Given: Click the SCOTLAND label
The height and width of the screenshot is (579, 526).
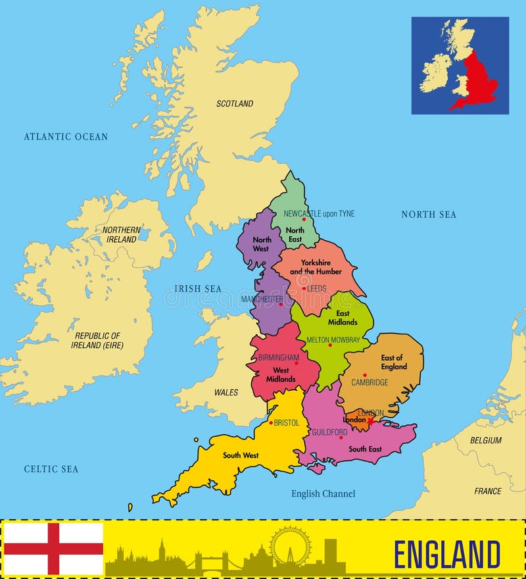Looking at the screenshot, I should (x=235, y=103).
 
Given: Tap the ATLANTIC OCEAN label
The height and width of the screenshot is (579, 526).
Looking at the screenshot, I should (x=66, y=137).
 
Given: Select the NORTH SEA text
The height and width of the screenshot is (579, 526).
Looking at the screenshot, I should (x=429, y=214).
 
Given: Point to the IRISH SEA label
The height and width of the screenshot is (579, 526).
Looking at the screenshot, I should (x=198, y=288).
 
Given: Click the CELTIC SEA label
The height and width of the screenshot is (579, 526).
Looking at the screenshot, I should (x=51, y=469).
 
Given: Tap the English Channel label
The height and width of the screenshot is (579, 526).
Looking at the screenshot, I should (x=323, y=493).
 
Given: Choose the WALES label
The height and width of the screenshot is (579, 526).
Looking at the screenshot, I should (x=226, y=392).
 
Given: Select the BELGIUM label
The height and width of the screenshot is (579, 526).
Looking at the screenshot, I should (x=485, y=440).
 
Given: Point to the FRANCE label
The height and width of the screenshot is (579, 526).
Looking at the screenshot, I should (x=487, y=491).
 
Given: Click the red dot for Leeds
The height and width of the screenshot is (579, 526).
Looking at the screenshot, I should (x=304, y=288).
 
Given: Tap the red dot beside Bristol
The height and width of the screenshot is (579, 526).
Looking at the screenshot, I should (x=271, y=422).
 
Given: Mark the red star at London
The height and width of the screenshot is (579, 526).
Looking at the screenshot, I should (x=370, y=420).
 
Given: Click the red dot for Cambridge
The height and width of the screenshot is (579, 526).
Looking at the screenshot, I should (x=365, y=375).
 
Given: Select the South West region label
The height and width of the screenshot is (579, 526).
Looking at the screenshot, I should (x=241, y=455).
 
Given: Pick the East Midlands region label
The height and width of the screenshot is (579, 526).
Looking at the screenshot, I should (x=343, y=318).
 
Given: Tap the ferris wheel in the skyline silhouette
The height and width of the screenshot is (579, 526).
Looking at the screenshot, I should (x=290, y=545).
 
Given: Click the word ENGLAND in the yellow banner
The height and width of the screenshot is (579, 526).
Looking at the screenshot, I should (x=447, y=553).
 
